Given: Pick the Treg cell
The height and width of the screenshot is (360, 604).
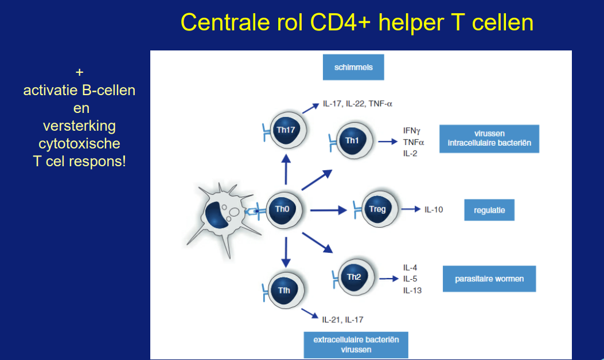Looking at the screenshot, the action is click(379, 209).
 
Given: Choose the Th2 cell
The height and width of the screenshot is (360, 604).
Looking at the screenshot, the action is click(356, 277).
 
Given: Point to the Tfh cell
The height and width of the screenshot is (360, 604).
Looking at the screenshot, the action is click(286, 291).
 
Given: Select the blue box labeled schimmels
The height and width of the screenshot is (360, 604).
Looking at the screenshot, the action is click(353, 68).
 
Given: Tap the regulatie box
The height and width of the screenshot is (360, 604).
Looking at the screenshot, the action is click(489, 210).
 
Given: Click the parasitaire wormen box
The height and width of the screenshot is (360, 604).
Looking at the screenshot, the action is click(489, 279).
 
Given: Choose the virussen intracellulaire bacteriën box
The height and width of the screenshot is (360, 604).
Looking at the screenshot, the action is click(489, 139).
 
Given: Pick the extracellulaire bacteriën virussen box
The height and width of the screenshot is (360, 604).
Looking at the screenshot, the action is click(356, 345).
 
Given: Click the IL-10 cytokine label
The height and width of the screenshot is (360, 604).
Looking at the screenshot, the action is click(434, 210).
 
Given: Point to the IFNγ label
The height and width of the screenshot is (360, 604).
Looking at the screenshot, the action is click(412, 131).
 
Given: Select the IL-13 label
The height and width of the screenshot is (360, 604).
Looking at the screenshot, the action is click(412, 290).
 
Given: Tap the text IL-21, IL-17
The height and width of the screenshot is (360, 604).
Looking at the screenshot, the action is click(342, 319).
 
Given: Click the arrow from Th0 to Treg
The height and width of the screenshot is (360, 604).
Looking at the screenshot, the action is click(329, 210).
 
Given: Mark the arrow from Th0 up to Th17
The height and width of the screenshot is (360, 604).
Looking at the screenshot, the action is click(286, 170).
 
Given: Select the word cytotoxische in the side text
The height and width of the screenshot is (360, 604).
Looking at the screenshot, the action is click(79, 144).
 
